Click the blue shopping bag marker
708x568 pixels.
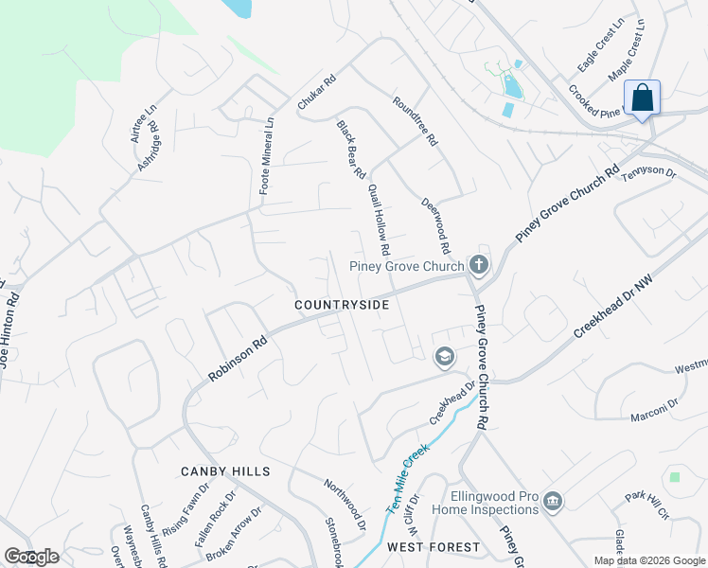tap(642, 98)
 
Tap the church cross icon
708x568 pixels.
tap(479, 264)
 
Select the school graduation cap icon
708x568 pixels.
tap(443, 357)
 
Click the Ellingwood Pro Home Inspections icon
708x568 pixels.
tap(554, 500)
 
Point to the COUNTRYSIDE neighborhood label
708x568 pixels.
tap(342, 305)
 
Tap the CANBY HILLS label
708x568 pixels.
tap(225, 471)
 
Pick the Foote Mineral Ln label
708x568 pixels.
tap(266, 155)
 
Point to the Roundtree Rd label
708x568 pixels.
tap(416, 120)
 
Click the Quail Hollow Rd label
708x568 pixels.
tap(379, 220)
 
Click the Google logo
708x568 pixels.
tap(32, 557)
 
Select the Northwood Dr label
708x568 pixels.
tap(345, 503)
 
